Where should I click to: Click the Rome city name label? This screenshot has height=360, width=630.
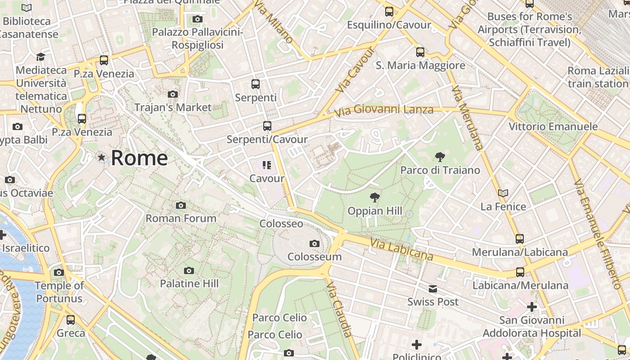coord(139,158)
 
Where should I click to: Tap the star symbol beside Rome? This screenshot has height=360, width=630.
coord(102,157)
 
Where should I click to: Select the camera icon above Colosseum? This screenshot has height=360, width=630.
coord(315,244)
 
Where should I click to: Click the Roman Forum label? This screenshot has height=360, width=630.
coord(181,218)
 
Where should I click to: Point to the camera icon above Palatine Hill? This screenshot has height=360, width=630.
coord(189,270)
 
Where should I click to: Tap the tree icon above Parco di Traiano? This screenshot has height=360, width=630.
coord(440,157)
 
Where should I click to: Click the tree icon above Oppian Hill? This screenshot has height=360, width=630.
coord(374,198)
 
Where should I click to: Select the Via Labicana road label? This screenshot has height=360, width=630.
coord(401,250)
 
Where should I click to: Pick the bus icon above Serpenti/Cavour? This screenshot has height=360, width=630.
coord(267,126)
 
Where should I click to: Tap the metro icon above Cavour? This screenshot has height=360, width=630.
coord(267,165)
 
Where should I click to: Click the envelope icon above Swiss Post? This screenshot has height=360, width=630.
coord(432,289)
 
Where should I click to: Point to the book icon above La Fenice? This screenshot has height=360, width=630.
coord(503,193)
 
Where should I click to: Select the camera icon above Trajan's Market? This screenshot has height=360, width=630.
coord(172,94)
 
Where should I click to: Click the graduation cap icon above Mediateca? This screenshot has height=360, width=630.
coord(41,57)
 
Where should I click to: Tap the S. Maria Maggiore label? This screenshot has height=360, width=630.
coord(420,66)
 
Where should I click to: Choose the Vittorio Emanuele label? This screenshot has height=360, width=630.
coord(553,126)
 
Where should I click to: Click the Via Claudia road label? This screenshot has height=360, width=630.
coord(339,310)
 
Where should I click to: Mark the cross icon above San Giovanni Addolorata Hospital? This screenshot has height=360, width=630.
coord(532,307)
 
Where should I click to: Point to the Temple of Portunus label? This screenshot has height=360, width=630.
coord(59,292)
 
